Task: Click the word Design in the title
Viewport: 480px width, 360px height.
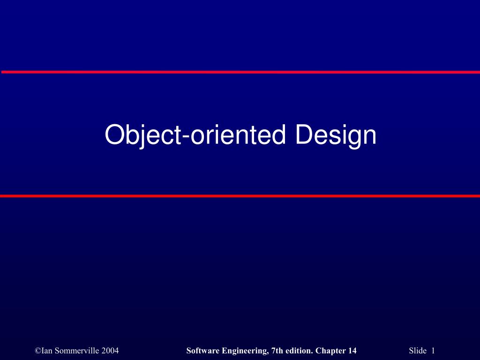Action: [x=336, y=135]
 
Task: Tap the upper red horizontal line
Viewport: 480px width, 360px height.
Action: [x=240, y=72]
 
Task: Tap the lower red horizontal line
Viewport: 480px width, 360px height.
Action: [x=240, y=195]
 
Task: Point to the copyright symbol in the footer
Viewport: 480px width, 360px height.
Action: [x=37, y=351]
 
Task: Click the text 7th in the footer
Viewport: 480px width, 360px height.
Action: [x=277, y=351]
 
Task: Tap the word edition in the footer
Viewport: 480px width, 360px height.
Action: [x=299, y=351]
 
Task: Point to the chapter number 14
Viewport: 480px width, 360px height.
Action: [x=352, y=351]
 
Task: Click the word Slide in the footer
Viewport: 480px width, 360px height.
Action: [x=418, y=351]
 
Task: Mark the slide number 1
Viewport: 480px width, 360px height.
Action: [x=433, y=351]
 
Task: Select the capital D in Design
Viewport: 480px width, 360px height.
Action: [x=304, y=135]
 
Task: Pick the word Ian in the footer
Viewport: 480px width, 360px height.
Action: [x=47, y=351]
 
